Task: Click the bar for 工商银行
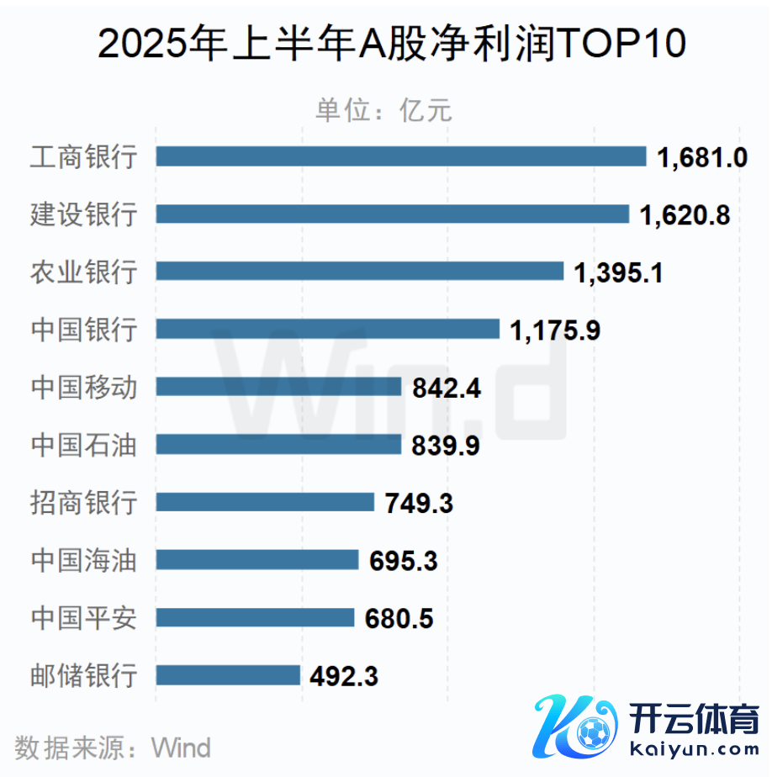(401, 156)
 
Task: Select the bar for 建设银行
(393, 214)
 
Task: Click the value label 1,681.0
(702, 157)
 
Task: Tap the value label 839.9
(446, 445)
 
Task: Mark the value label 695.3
(404, 560)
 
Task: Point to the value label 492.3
(344, 675)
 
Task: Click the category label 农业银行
(83, 272)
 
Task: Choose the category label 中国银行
(83, 329)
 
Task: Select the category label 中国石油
(83, 444)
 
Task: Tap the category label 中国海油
(83, 559)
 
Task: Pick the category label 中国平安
(83, 617)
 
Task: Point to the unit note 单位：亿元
(383, 110)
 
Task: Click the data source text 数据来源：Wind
(113, 746)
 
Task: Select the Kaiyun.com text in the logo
(694, 748)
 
